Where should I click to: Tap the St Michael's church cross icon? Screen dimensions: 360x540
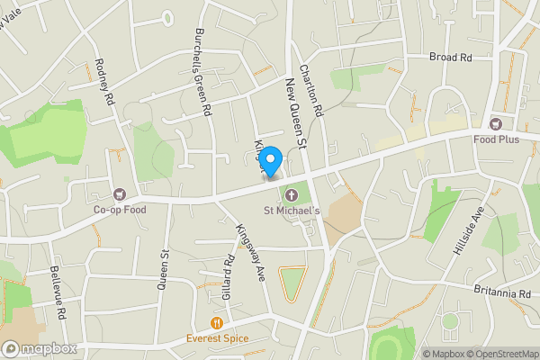point(291,195)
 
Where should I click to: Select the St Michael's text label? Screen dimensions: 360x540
point(292,211)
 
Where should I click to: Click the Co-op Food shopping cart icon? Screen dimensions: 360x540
point(119,193)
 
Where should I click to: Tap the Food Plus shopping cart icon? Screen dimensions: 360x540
point(494,124)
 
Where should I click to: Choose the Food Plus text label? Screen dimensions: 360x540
point(497,139)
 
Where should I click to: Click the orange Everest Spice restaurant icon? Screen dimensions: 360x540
point(216,323)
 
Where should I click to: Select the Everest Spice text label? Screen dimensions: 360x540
point(216,338)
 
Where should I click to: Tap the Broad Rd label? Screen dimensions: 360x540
point(451,57)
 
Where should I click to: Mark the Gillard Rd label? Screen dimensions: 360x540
point(228,274)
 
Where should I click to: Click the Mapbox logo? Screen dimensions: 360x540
point(37,348)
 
